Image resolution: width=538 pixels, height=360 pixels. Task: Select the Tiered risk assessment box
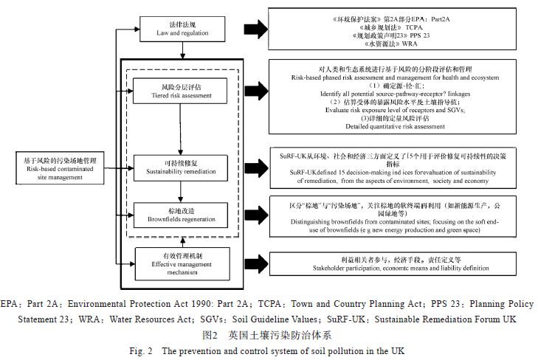169,92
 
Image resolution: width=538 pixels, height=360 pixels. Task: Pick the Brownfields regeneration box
169,213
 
